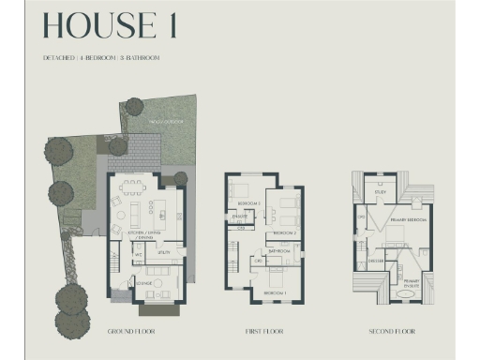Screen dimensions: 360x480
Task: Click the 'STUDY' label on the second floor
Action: coord(381,192)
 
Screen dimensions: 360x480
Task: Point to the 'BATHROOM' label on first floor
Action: coord(277,251)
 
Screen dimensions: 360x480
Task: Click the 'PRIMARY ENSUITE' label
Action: coord(412,282)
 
